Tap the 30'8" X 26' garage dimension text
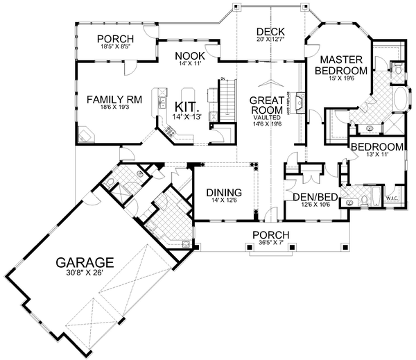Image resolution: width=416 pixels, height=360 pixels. coord(85,273)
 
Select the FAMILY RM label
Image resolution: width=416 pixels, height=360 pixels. coord(114,100)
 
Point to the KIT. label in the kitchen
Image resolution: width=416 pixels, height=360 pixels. coord(188,108)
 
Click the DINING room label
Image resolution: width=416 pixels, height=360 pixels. coord(223,192)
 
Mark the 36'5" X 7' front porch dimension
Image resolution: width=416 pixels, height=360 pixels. coord(270,243)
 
